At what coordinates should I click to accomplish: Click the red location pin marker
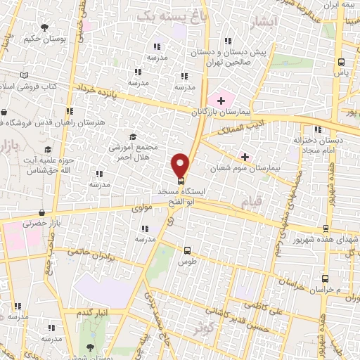click(181, 165)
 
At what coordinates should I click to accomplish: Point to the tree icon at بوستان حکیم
click(45, 27)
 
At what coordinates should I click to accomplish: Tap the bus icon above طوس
click(187, 250)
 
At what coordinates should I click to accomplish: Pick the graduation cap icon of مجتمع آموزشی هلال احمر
click(133, 136)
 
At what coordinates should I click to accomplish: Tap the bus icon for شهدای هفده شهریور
click(326, 228)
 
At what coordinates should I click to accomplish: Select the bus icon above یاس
click(341, 61)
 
